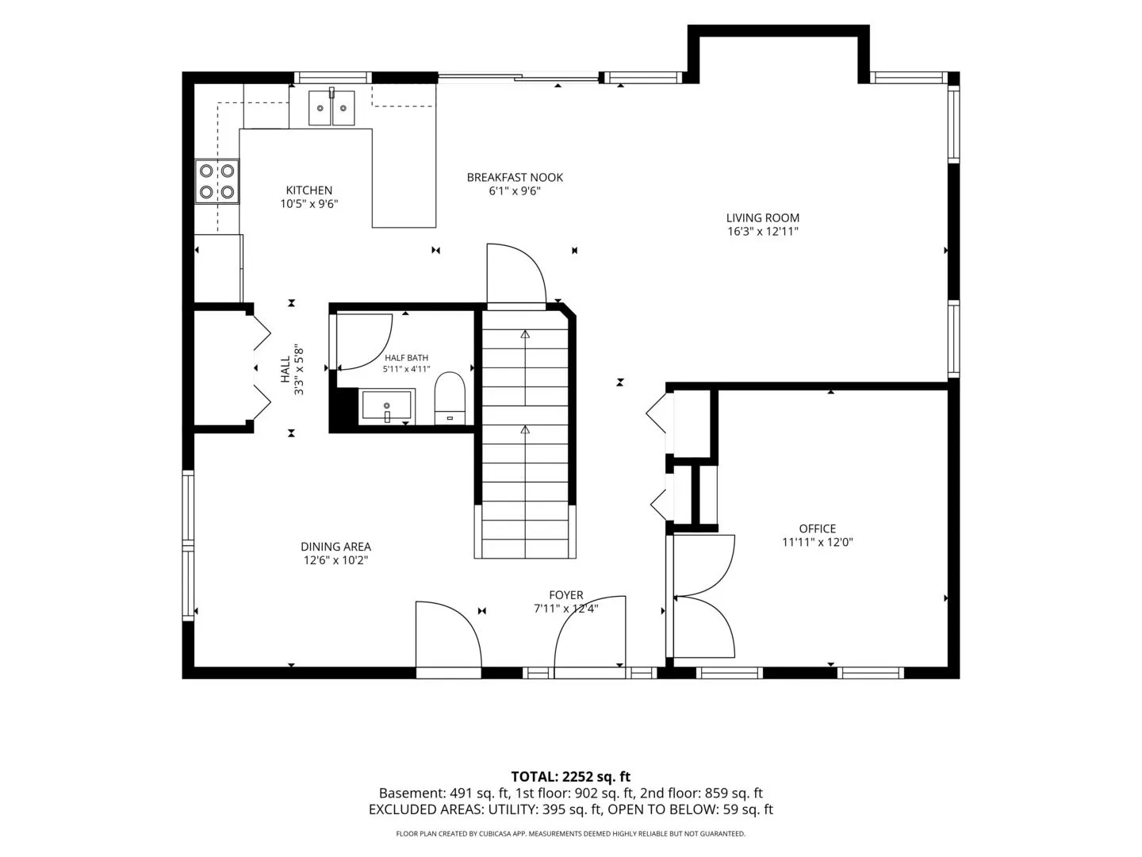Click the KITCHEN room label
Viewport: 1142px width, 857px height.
308,190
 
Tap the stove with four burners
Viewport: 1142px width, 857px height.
217,181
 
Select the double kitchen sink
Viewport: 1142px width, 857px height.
331,108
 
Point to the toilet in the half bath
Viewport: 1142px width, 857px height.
450,398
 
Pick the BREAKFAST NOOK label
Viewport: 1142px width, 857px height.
515,178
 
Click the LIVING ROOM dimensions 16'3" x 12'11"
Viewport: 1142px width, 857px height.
763,232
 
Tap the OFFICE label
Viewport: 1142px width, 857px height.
818,528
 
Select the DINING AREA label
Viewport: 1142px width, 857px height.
335,547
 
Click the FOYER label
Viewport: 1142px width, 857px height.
566,595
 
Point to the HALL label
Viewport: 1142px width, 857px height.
285,370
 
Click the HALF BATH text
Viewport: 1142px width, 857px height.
406,358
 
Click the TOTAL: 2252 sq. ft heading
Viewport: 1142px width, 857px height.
571,777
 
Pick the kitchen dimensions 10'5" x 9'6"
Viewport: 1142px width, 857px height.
309,204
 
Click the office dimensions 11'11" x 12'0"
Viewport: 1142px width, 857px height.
818,542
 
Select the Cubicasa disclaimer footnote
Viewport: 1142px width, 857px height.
571,833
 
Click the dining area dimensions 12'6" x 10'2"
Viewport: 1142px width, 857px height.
335,560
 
